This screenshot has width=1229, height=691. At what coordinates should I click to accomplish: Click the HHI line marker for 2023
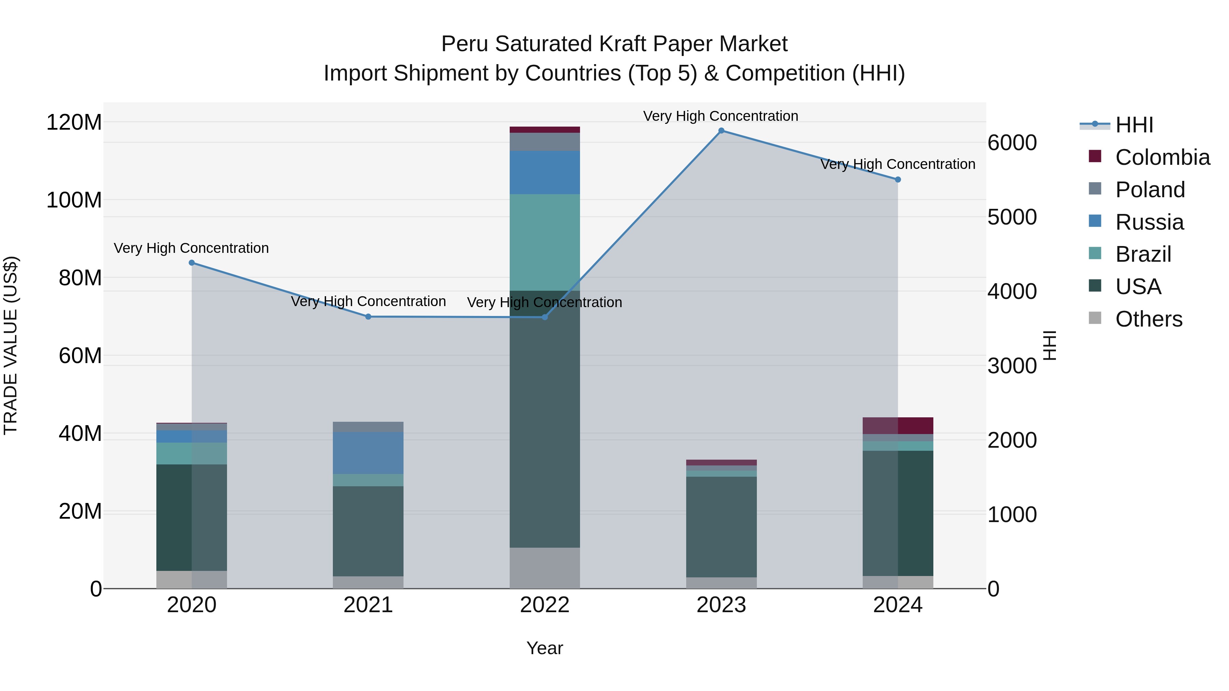[x=721, y=131]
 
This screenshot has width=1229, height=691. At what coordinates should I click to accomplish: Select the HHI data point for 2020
[x=192, y=263]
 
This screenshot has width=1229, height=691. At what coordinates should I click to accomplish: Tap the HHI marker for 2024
[x=898, y=180]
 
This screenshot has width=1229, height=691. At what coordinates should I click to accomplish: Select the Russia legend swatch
[x=1095, y=221]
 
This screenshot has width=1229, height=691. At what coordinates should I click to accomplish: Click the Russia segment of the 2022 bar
[x=545, y=172]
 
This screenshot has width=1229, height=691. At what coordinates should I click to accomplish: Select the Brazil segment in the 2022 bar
[x=545, y=242]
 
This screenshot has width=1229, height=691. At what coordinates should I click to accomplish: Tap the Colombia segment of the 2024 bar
[x=898, y=426]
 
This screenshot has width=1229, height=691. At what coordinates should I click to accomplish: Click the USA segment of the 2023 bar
[x=721, y=527]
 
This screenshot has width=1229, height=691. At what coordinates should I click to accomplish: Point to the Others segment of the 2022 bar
[x=545, y=567]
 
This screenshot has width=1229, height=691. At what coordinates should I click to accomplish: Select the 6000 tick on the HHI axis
[x=1012, y=143]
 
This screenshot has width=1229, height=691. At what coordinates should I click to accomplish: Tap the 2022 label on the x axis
[x=545, y=605]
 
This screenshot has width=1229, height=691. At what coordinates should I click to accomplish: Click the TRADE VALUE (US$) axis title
[x=11, y=345]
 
